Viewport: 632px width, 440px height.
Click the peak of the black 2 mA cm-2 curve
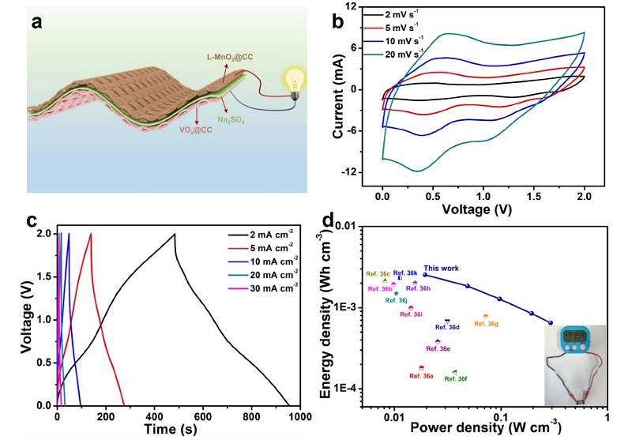pyautogui.click(x=175, y=234)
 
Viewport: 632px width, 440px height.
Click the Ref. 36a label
pyautogui.click(x=421, y=376)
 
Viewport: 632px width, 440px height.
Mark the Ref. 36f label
pyautogui.click(x=455, y=379)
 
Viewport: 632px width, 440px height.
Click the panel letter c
pyautogui.click(x=33, y=220)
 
